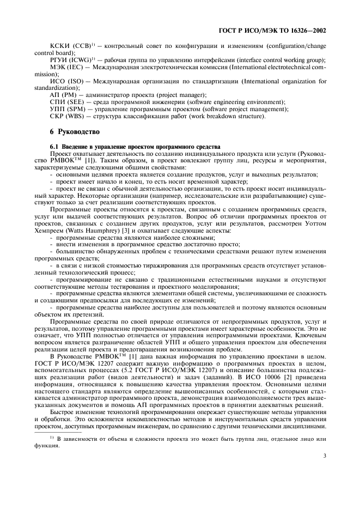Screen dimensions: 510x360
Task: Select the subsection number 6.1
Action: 54,147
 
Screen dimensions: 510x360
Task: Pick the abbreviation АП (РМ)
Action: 62,95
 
